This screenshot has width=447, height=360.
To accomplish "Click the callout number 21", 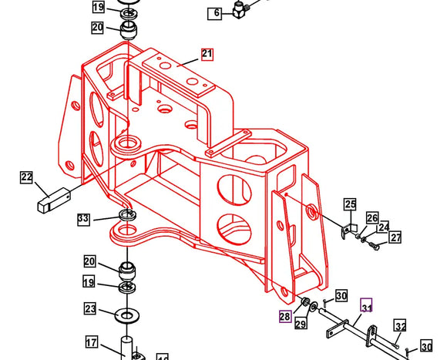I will point(207,54).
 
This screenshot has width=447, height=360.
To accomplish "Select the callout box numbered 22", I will point(27,178).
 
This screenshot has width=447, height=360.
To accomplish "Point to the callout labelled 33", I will point(84,220).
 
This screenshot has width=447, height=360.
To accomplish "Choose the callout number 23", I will point(90,309).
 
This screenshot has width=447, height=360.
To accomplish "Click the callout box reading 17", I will point(91,343).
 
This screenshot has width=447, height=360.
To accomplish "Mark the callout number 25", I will point(351,204).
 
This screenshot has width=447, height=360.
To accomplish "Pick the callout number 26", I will point(372,218).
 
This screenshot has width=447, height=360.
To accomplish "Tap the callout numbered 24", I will point(383,228).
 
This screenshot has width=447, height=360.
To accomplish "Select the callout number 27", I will point(395,238).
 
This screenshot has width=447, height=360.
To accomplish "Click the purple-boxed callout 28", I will point(285,317).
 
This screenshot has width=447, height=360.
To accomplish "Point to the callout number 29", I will point(301,325).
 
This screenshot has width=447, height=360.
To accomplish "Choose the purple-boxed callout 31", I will point(366,307).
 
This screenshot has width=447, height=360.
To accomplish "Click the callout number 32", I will point(400,325).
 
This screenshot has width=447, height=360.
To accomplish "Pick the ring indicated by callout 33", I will point(127,214).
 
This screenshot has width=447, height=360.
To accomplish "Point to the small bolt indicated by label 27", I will point(373,247).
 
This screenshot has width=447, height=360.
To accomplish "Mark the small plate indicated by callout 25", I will point(348,230).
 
